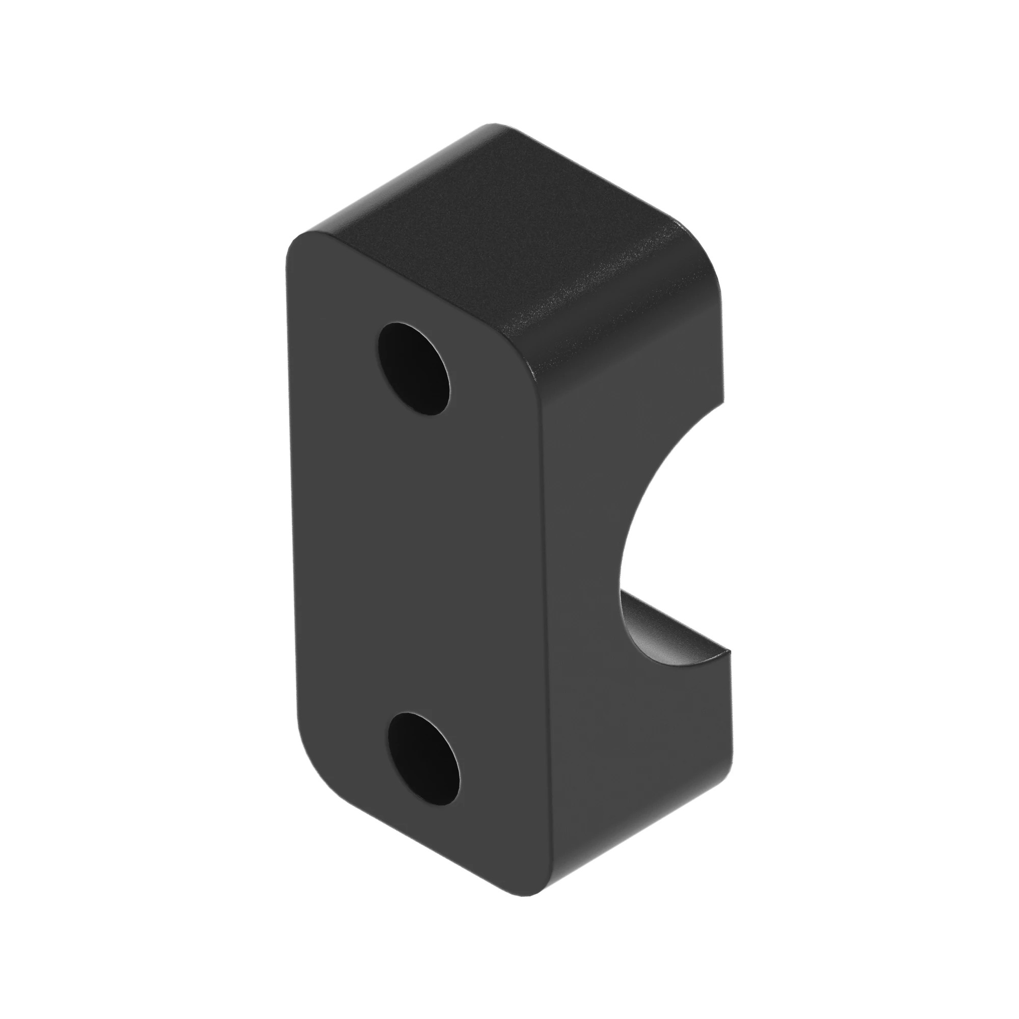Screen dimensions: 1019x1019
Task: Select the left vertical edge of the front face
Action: (291, 527)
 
